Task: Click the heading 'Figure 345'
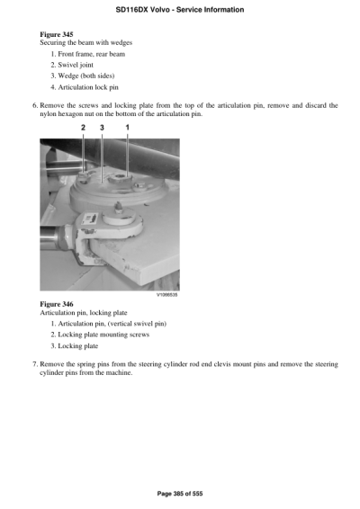pos(56,34)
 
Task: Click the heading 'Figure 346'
pos(56,304)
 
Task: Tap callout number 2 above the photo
pos(83,129)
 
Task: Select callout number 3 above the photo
pos(103,129)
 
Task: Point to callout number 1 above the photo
pos(127,129)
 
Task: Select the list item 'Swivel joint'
pos(76,66)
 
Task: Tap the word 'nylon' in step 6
pos(50,114)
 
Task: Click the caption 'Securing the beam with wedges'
pos(84,43)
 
